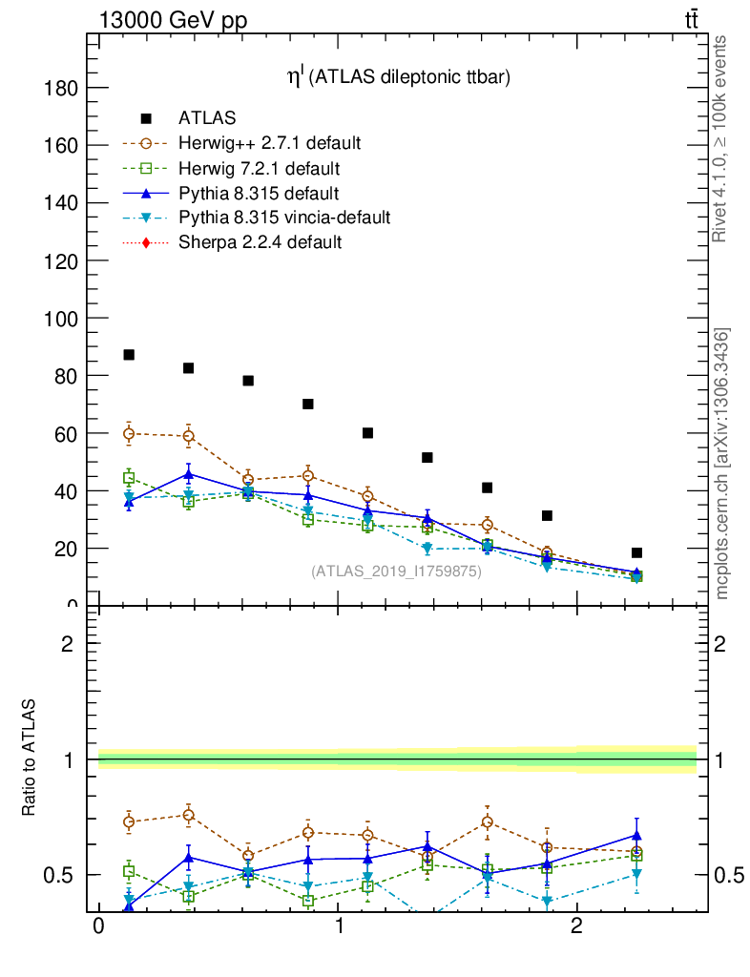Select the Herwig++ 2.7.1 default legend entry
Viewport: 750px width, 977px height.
(x=269, y=143)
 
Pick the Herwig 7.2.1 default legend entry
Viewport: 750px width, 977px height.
(x=260, y=168)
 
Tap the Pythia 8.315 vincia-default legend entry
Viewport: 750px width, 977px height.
(x=284, y=218)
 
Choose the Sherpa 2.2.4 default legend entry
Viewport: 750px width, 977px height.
(x=260, y=242)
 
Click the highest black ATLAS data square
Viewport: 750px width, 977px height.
(x=129, y=355)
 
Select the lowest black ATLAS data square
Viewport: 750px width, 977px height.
(x=636, y=552)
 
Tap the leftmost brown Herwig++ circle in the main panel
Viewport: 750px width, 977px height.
(x=129, y=433)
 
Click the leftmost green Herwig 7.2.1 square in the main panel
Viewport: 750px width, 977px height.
(x=129, y=478)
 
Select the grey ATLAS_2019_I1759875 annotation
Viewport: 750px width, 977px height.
(x=396, y=572)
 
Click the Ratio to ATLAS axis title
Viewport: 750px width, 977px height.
(x=30, y=759)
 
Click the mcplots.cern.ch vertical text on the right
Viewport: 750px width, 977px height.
(x=722, y=464)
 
